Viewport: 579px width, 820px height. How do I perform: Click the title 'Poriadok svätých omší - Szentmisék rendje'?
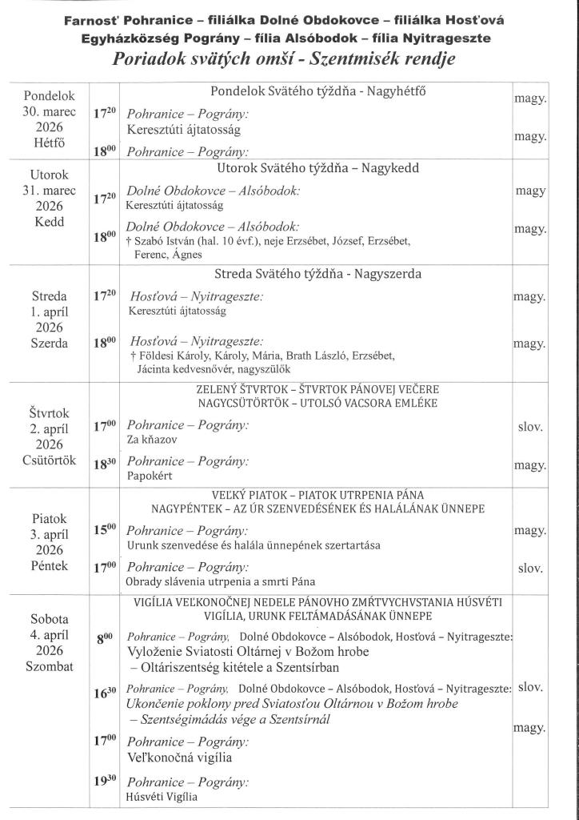[x=289, y=61]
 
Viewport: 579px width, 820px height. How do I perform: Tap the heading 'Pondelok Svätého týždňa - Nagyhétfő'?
[x=317, y=91]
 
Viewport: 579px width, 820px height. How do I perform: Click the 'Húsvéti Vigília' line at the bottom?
[x=162, y=796]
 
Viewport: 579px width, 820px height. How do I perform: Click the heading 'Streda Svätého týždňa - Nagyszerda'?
[x=317, y=274]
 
